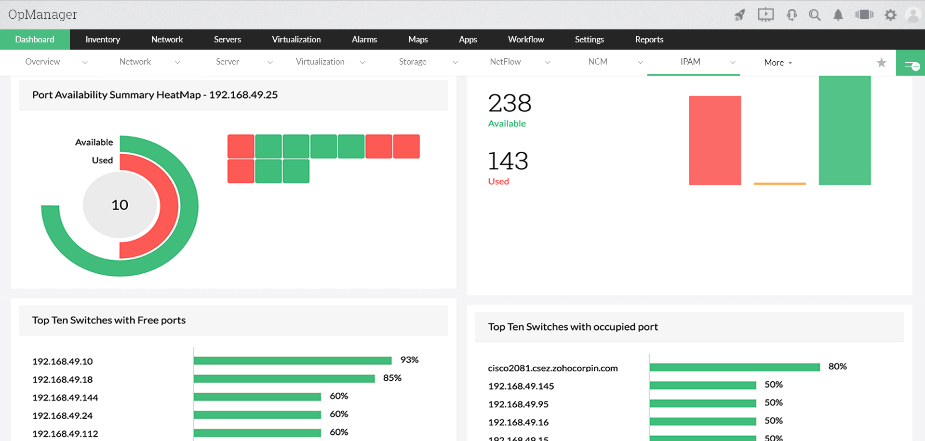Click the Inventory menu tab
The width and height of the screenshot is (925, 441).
click(x=103, y=40)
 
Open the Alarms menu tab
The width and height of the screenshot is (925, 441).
click(x=364, y=40)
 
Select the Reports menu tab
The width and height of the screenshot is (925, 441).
click(x=649, y=40)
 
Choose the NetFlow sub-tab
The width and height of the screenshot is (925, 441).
click(x=505, y=62)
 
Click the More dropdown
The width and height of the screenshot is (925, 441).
click(x=778, y=63)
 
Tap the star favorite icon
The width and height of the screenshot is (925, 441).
click(x=881, y=63)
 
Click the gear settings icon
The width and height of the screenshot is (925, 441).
click(x=890, y=15)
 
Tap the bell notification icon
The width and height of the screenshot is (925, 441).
click(x=838, y=15)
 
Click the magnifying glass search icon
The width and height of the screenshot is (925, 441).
click(x=815, y=15)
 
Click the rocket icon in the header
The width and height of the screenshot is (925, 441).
click(x=739, y=15)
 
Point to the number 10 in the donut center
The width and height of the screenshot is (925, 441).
click(x=120, y=205)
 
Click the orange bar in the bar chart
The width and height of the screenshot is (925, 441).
click(x=779, y=184)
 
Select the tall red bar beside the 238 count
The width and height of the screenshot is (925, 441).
click(x=714, y=140)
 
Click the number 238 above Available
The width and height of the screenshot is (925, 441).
click(x=509, y=103)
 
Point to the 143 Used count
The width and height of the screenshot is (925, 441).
click(x=508, y=161)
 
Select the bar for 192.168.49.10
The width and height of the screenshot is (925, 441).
click(x=292, y=361)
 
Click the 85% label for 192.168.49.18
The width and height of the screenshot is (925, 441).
click(x=392, y=378)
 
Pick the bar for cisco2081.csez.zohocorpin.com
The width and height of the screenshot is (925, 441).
click(x=734, y=367)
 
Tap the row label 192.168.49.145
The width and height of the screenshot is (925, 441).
click(x=521, y=386)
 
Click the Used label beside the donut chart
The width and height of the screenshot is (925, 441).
click(x=102, y=160)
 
